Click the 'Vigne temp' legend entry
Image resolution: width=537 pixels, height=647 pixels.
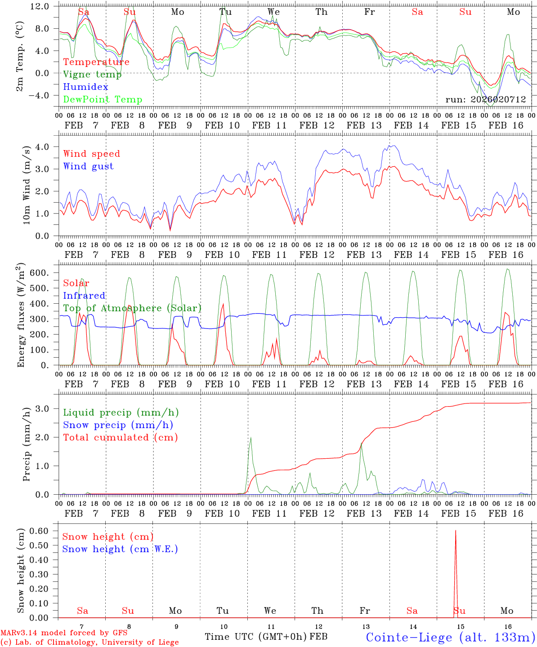coord(92,75)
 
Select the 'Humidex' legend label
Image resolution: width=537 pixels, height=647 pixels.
coord(85,87)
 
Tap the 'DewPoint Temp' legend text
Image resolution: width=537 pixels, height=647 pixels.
coord(103,100)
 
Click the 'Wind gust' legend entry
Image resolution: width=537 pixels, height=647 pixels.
coord(88,166)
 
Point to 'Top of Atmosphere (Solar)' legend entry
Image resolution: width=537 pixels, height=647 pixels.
coord(132,308)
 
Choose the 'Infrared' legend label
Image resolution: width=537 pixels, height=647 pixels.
coord(84,296)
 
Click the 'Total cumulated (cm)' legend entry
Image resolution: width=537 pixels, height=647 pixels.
coord(120,438)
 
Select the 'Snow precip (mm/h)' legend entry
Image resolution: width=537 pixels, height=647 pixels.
coord(118,425)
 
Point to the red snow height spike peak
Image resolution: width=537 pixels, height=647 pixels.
coord(456,531)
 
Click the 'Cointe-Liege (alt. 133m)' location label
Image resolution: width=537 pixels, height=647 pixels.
coord(450,637)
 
